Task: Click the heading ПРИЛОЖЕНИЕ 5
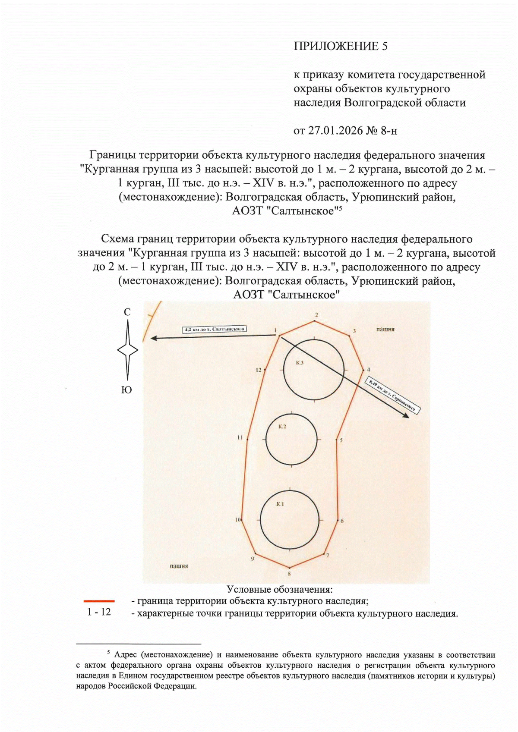[341, 47]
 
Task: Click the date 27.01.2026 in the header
[335, 130]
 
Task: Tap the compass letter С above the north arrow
[127, 312]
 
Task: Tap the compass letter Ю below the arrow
[126, 390]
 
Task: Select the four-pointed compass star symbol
[127, 350]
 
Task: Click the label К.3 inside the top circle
[300, 363]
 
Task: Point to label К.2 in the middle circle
[282, 427]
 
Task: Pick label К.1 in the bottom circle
[280, 504]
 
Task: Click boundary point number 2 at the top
[316, 315]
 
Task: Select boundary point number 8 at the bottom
[289, 574]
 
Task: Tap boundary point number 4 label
[369, 370]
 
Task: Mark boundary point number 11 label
[240, 437]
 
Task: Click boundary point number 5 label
[341, 440]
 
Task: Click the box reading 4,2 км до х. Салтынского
[215, 329]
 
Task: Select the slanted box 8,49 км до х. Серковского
[393, 396]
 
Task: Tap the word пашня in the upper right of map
[385, 329]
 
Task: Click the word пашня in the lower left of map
[179, 565]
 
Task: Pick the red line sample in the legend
[99, 601]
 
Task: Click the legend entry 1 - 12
[99, 612]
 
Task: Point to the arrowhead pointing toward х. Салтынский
[153, 339]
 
